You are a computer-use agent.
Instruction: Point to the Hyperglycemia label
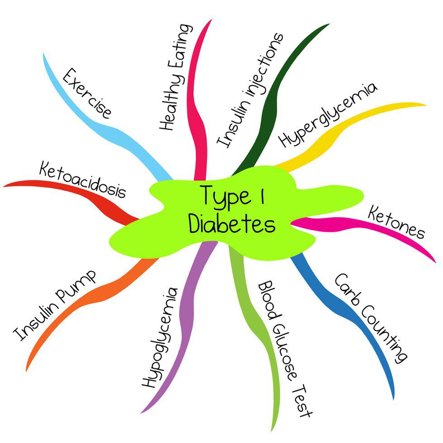coord(327,115)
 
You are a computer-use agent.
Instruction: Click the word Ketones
coord(396,221)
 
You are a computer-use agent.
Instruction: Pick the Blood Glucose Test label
coord(285,349)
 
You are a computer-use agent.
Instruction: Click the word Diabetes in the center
coord(232,223)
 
